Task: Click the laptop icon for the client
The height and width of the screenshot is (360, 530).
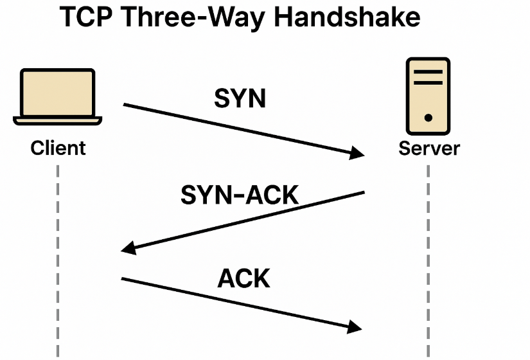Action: click(58, 94)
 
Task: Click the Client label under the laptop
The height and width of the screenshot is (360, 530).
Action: click(58, 148)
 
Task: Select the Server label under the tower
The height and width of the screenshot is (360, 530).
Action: click(429, 148)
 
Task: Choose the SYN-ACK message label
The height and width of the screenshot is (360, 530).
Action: click(240, 194)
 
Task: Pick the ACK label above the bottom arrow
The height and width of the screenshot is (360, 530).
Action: click(244, 278)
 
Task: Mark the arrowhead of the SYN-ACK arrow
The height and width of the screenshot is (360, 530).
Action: click(128, 249)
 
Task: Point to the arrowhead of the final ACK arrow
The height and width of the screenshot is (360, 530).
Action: click(355, 327)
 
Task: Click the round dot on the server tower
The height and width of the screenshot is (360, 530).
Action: click(428, 118)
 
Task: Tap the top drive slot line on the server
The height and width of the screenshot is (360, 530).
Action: click(428, 71)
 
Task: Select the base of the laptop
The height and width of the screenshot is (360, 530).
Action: click(58, 120)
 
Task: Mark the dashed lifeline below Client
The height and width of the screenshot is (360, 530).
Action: click(58, 257)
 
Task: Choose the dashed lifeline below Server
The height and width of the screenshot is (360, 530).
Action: click(428, 257)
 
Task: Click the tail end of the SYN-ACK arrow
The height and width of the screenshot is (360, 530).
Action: click(364, 192)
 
